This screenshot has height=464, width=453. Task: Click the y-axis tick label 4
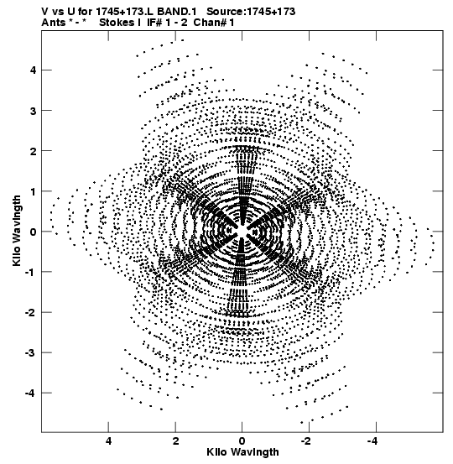pyautogui.click(x=32, y=70)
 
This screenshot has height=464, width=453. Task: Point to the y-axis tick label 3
pyautogui.click(x=32, y=111)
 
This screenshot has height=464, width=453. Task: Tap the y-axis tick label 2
pyautogui.click(x=32, y=151)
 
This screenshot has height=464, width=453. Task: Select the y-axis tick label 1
pyautogui.click(x=32, y=192)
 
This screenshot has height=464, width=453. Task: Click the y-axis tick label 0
pyautogui.click(x=32, y=232)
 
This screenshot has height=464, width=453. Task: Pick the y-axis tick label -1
pyautogui.click(x=30, y=272)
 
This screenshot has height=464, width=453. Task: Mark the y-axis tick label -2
pyautogui.click(x=30, y=313)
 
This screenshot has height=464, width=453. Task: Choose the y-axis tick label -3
pyautogui.click(x=30, y=353)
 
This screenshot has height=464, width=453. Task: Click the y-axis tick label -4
pyautogui.click(x=30, y=394)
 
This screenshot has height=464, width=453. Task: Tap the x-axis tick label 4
pyautogui.click(x=108, y=441)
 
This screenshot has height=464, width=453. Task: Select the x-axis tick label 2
pyautogui.click(x=176, y=441)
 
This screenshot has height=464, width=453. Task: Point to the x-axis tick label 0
pyautogui.click(x=242, y=441)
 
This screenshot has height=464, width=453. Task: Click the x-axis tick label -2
pyautogui.click(x=307, y=441)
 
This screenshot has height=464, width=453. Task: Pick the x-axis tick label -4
pyautogui.click(x=374, y=441)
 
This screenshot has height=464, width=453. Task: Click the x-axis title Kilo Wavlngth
pyautogui.click(x=242, y=452)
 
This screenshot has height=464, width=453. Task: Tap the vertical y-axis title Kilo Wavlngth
pyautogui.click(x=17, y=231)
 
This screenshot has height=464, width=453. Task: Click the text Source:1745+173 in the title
pyautogui.click(x=251, y=12)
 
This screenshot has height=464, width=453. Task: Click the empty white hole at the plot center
pyautogui.click(x=242, y=231)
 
